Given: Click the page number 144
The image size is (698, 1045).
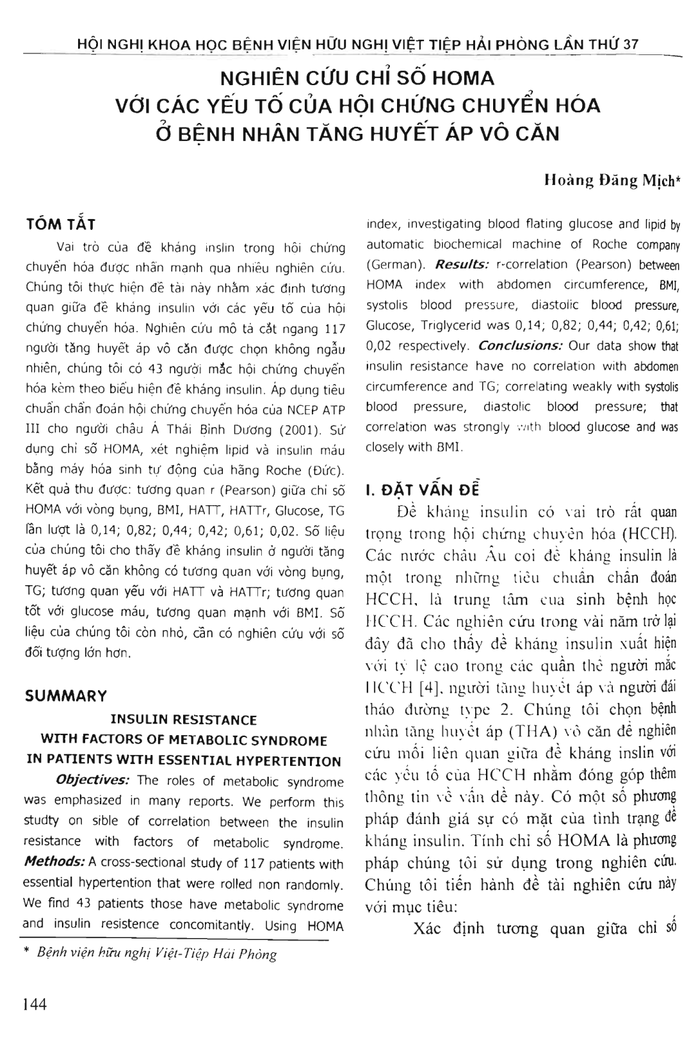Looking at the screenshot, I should click(x=35, y=1004).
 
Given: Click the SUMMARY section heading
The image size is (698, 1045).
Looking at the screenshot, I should click(x=66, y=696).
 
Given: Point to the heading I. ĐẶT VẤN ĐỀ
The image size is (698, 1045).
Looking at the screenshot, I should click(x=422, y=490).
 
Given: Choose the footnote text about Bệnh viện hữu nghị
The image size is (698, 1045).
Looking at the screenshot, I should click(x=157, y=954).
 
